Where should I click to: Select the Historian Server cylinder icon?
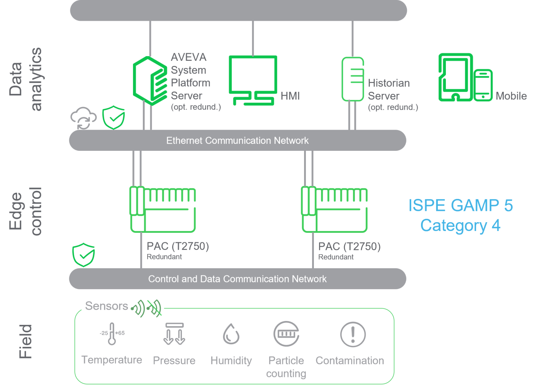click(353, 79)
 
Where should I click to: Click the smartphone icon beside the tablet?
click(483, 85)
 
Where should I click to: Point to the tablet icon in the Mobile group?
click(455, 77)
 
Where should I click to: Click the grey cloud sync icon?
click(83, 118)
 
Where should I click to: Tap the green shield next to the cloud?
click(113, 117)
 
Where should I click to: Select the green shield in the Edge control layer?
click(83, 254)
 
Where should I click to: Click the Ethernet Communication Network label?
click(237, 141)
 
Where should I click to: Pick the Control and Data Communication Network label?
click(237, 279)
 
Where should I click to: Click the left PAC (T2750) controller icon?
click(163, 209)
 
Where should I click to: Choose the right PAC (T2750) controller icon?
click(334, 209)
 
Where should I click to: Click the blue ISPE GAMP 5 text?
click(460, 206)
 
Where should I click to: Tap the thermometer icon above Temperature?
click(112, 333)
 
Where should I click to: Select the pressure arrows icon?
click(174, 334)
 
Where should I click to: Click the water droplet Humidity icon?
click(231, 334)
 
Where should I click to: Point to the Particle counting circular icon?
click(286, 334)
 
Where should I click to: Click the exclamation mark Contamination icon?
click(353, 334)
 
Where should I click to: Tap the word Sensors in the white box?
click(106, 306)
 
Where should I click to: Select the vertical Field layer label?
click(26, 341)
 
